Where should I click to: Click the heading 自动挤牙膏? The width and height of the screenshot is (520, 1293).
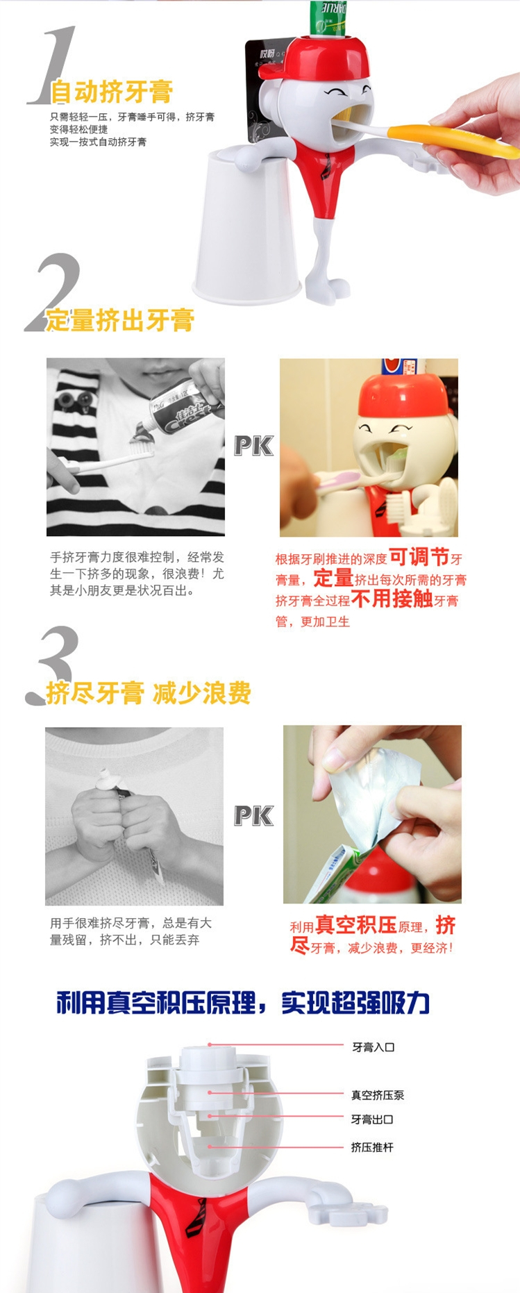click(112, 92)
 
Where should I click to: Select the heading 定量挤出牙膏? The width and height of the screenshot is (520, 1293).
click(120, 320)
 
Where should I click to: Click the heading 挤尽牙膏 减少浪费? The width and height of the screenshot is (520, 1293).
click(149, 693)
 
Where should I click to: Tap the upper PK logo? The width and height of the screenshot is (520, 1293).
click(253, 446)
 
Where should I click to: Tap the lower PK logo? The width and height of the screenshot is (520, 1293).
click(253, 816)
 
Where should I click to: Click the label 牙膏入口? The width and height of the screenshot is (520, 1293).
click(373, 1047)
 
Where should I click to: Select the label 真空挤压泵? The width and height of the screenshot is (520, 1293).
click(378, 1095)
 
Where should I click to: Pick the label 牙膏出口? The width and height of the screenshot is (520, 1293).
click(372, 1119)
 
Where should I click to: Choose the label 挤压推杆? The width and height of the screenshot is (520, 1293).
click(372, 1147)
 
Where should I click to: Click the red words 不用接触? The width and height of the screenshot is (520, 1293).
click(392, 599)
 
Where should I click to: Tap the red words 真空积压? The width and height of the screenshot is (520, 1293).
click(356, 925)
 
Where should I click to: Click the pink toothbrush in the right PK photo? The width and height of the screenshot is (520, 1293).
click(339, 481)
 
